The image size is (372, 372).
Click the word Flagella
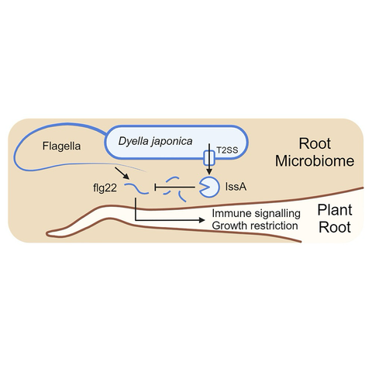pos(61,146)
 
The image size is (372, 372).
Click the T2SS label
pos(227,150)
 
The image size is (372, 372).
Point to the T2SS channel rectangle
pos(209,158)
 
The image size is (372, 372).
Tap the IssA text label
pos(236,187)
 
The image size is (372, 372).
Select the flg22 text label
pos(105,188)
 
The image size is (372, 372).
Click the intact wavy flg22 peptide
pos(136,188)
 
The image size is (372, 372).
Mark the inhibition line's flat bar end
pos(155,187)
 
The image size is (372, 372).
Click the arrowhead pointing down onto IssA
pos(209,172)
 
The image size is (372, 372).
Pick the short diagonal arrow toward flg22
pos(122,173)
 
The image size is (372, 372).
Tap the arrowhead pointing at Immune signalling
pos(201,220)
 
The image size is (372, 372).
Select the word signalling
pos(277,214)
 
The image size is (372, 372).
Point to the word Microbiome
pos(315,160)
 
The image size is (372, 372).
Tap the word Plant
pos(335,209)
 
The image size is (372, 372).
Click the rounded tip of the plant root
pos(47,234)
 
